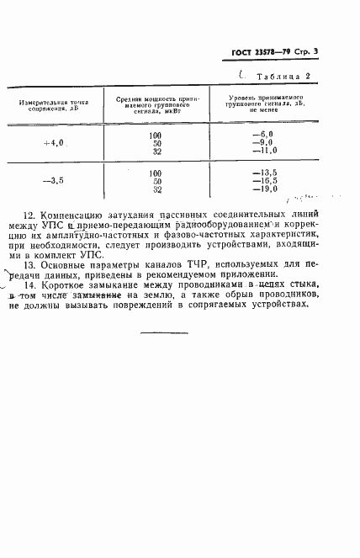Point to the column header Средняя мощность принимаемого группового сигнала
[x=156, y=104]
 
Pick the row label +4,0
[x=53, y=143]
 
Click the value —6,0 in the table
[x=264, y=135]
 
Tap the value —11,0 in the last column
[x=264, y=151]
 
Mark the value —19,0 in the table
[x=264, y=189]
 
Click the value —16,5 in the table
[x=264, y=181]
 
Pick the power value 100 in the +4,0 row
[x=156, y=135]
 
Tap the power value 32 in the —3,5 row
[x=156, y=189]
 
